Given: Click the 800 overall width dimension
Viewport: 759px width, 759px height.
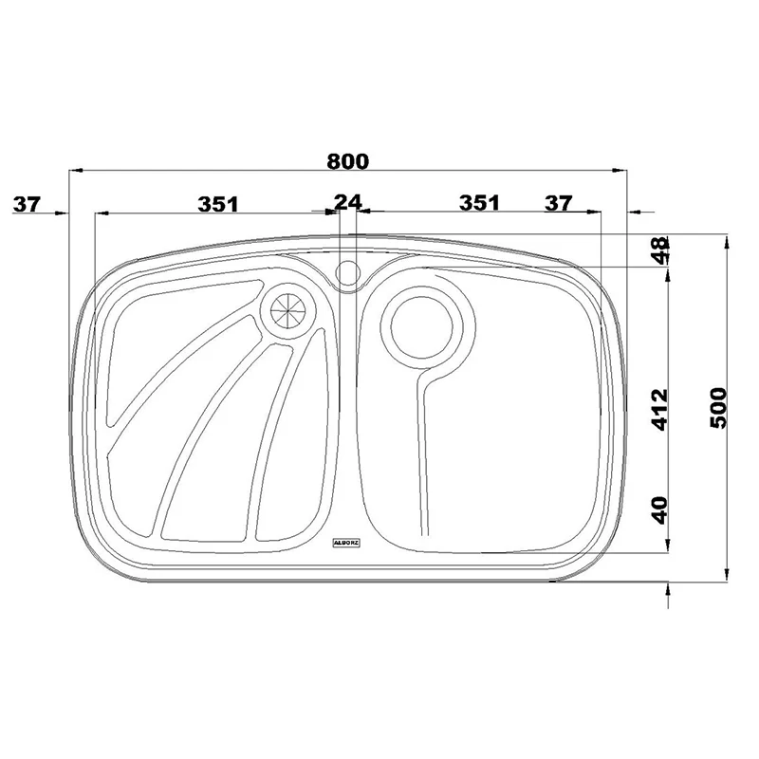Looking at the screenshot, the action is tap(347, 161).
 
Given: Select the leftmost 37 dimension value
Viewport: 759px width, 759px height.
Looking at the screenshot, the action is tap(28, 204).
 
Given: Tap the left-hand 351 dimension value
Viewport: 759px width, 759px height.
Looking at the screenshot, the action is tap(218, 204).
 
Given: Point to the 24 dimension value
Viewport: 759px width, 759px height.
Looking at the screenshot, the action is tap(348, 202).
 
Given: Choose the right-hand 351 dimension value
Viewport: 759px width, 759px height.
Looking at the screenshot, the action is tap(479, 203).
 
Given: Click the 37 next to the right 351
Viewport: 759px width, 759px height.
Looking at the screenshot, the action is tap(559, 203).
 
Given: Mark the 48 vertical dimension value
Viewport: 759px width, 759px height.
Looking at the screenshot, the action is tap(660, 250).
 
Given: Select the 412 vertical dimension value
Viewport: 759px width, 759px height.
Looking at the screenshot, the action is tap(658, 410).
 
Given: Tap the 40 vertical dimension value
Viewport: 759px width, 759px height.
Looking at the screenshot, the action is tap(659, 510).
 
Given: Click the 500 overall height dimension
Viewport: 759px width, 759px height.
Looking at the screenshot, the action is tap(718, 408).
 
